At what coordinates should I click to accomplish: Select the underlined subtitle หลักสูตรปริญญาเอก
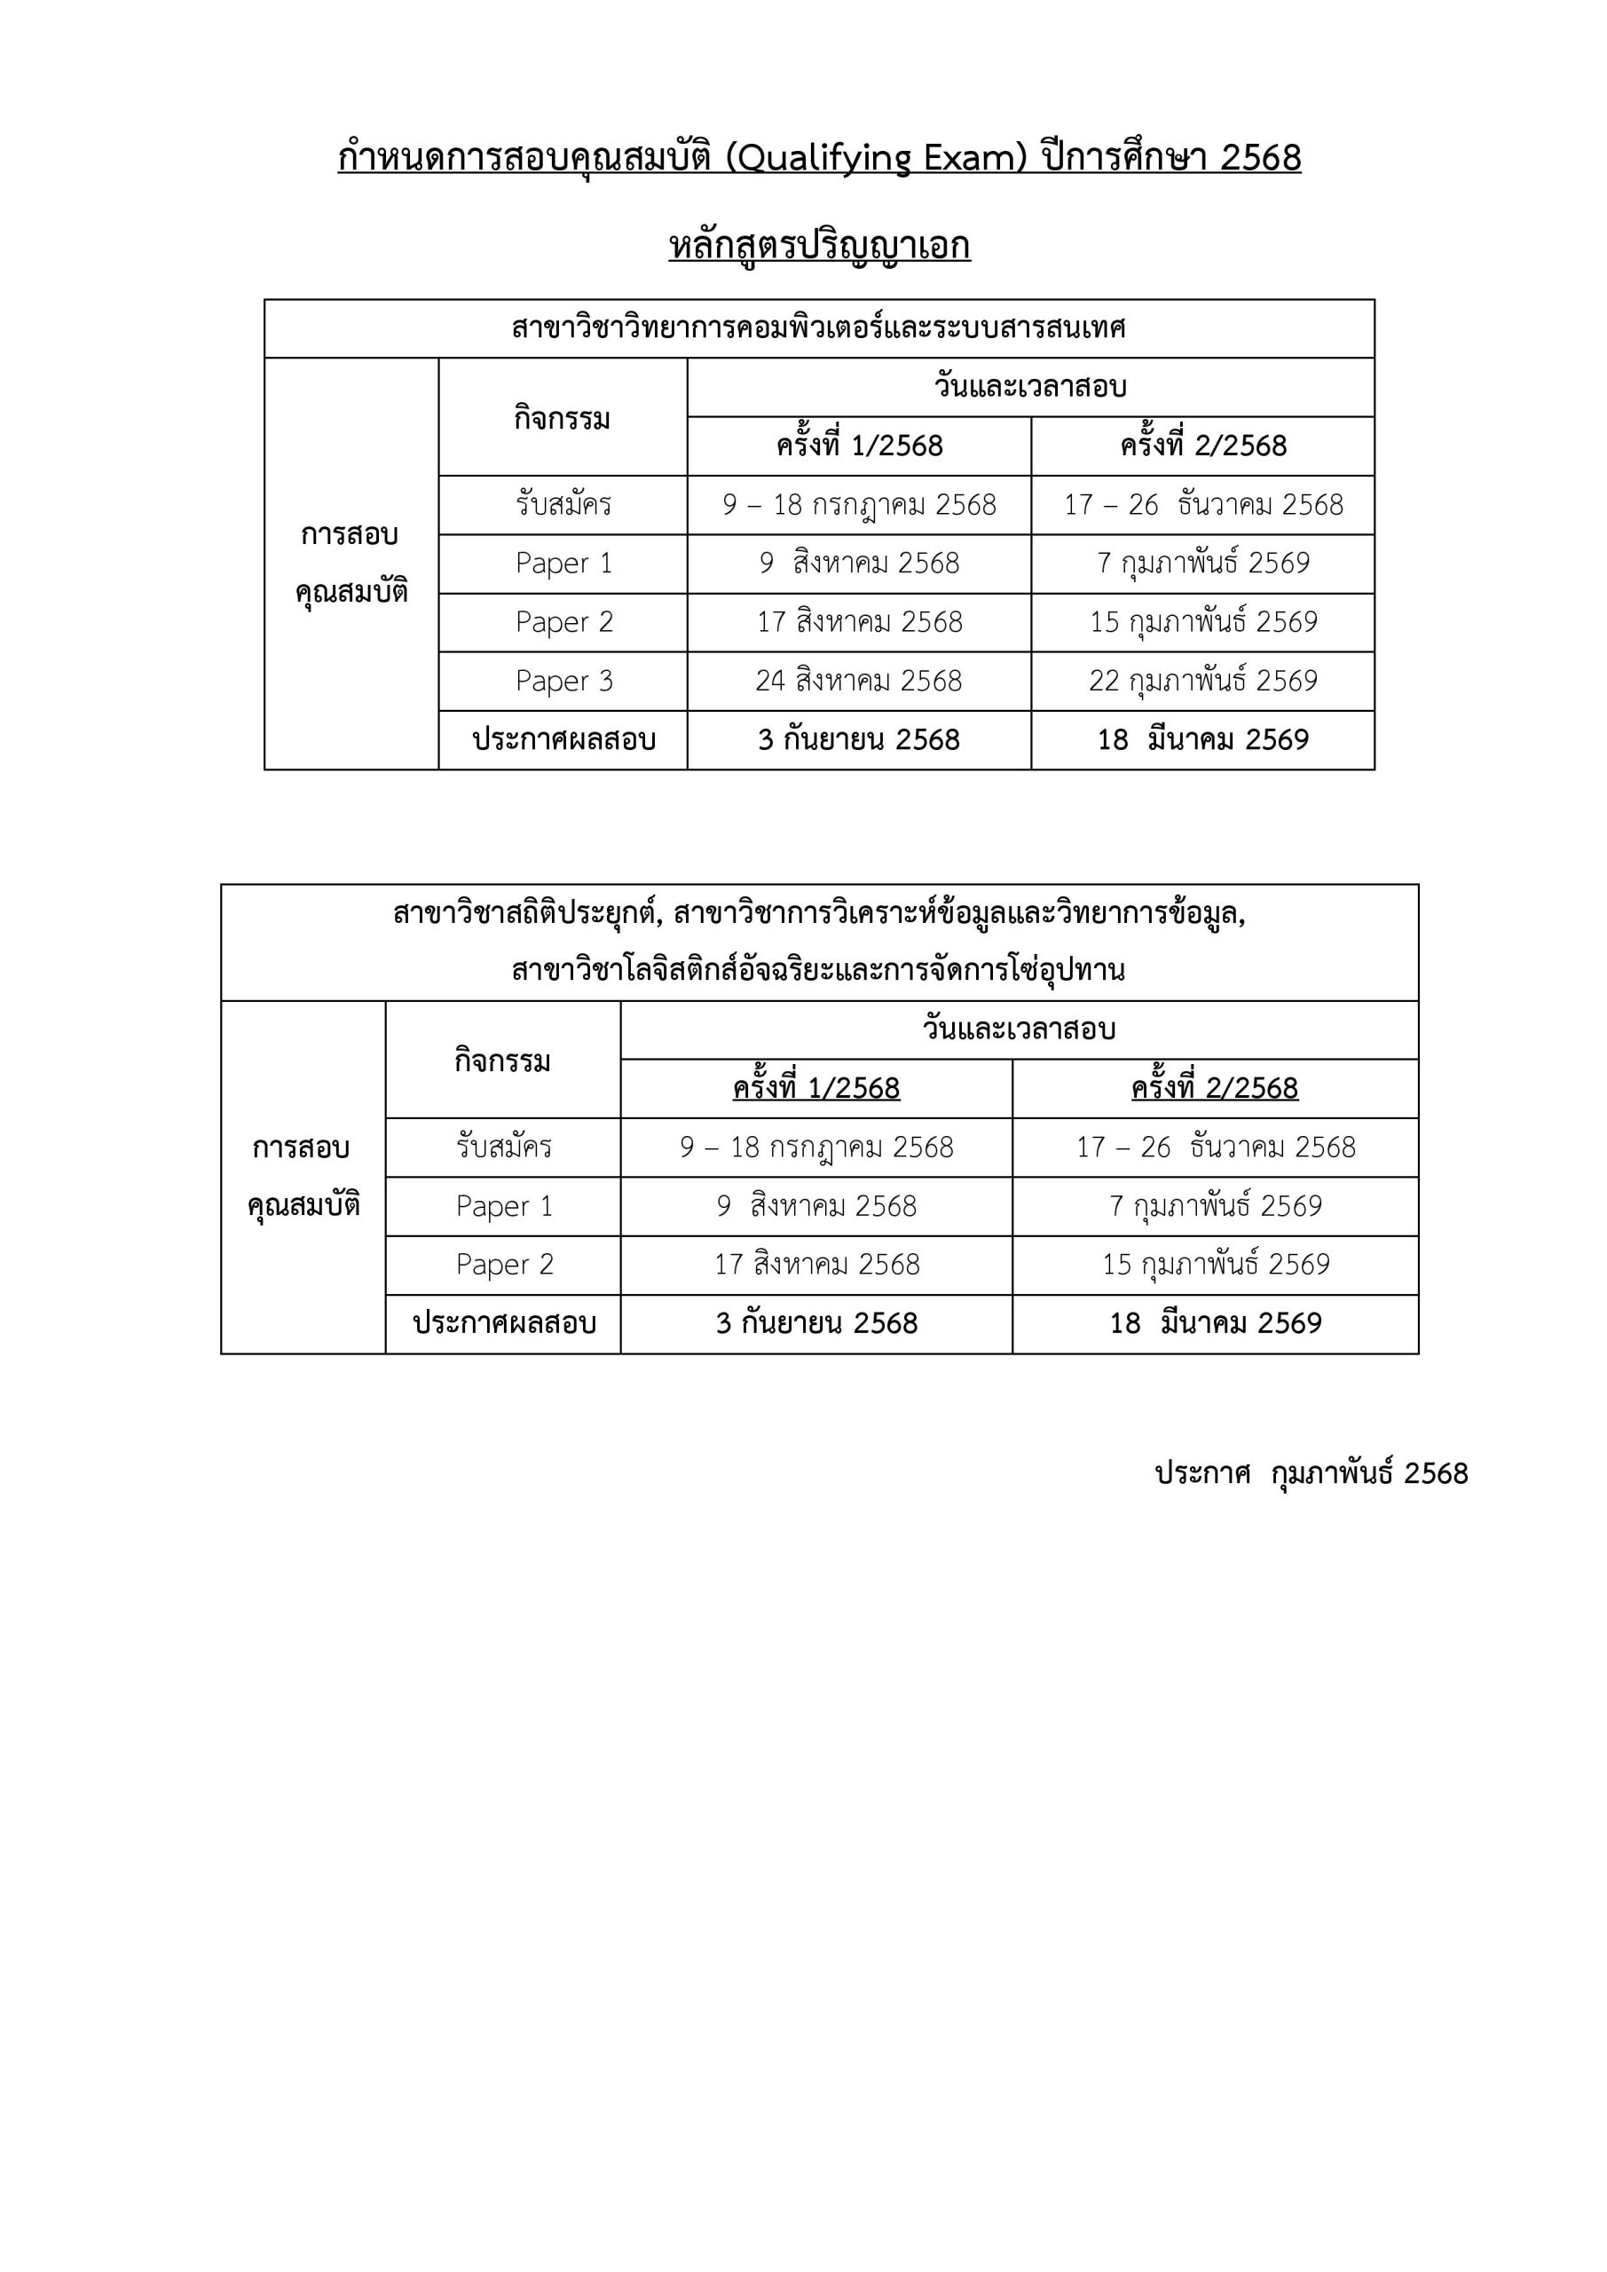819,246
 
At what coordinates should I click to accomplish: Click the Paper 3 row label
564,681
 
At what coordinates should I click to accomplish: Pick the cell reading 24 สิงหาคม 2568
859,681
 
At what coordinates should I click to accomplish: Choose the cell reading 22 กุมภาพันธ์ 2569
1203,681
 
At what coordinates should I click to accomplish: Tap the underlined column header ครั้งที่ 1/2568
816,1088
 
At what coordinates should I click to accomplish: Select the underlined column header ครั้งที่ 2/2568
1214,1088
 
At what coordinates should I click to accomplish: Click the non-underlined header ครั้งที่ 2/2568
1203,446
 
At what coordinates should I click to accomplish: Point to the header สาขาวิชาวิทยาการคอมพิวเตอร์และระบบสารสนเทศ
818,327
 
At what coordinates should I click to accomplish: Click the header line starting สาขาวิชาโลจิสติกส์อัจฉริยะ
818,970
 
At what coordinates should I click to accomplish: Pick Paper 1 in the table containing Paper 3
564,563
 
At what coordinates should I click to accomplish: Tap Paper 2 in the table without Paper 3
505,1265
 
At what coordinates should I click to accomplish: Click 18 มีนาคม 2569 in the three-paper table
1203,739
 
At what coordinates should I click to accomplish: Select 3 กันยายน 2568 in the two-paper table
816,1323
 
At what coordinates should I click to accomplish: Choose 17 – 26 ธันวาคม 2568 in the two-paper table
1215,1147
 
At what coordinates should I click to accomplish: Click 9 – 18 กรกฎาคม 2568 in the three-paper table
859,505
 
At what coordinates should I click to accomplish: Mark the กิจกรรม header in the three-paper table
562,418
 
